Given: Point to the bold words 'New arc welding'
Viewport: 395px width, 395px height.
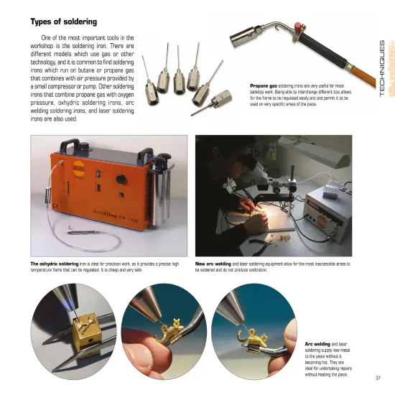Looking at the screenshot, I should (213, 264).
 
